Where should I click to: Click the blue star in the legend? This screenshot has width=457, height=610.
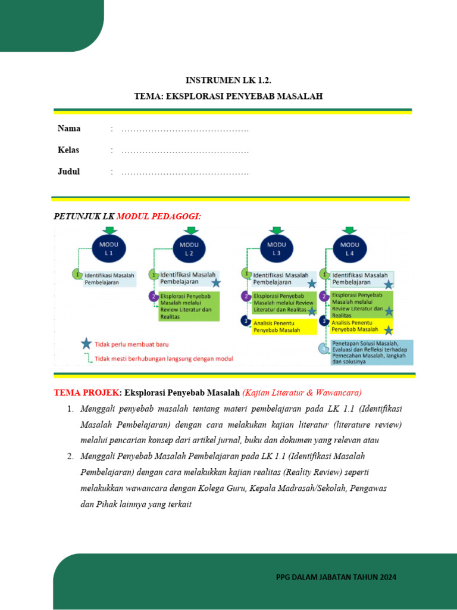click(86, 344)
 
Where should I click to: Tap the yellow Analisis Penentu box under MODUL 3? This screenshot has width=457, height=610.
click(284, 326)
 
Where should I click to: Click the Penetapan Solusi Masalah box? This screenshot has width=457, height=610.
click(372, 352)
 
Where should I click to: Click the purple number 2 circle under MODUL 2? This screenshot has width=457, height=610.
click(153, 296)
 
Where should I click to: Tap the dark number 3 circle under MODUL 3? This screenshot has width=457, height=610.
click(245, 321)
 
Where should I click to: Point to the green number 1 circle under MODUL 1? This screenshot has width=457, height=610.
click(76, 274)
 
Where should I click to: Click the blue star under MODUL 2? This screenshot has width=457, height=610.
click(215, 283)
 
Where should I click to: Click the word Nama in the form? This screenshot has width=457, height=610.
click(69, 129)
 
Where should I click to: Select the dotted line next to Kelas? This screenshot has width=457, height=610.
click(184, 151)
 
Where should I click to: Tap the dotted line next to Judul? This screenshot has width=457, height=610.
click(184, 172)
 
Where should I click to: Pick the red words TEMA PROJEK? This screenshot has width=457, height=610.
click(86, 393)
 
